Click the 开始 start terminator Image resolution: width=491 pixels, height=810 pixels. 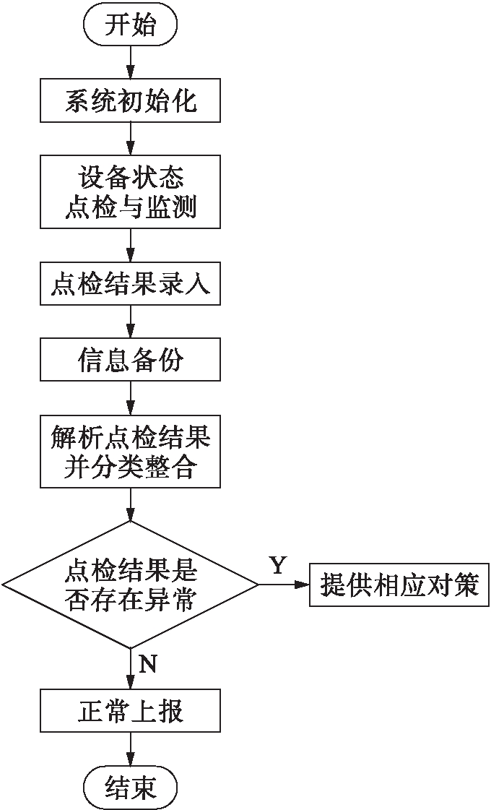pyautogui.click(x=131, y=27)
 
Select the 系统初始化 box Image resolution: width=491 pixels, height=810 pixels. pyautogui.click(x=131, y=100)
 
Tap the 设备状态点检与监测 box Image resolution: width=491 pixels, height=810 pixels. pyautogui.click(x=131, y=191)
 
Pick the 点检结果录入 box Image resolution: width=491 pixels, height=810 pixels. pyautogui.click(x=131, y=284)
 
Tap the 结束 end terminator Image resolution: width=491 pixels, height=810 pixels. pyautogui.click(x=131, y=786)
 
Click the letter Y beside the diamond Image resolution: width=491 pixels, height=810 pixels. pyautogui.click(x=278, y=565)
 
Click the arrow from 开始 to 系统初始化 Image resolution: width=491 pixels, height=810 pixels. pyautogui.click(x=131, y=63)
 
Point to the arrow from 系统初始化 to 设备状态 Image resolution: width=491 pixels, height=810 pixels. pyautogui.click(x=131, y=137)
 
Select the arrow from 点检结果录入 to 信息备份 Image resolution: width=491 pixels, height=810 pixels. pyautogui.click(x=131, y=322)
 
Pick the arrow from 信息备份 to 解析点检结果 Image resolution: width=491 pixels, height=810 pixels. pyautogui.click(x=131, y=397)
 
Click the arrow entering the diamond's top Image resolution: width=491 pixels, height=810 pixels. pyautogui.click(x=131, y=504)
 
